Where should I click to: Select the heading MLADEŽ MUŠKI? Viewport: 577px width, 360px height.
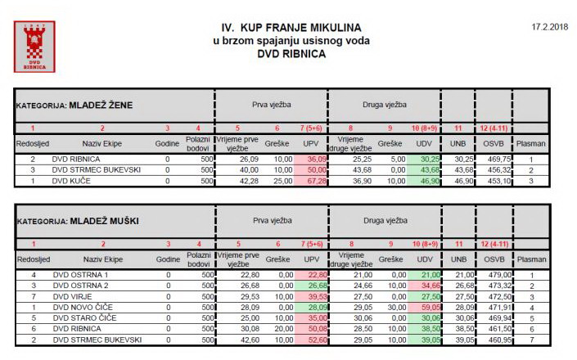(x=102, y=221)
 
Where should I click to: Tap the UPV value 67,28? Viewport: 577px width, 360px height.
(x=315, y=181)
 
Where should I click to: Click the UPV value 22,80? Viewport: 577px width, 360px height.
(x=315, y=275)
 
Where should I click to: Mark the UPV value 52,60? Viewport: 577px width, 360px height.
(x=315, y=339)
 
